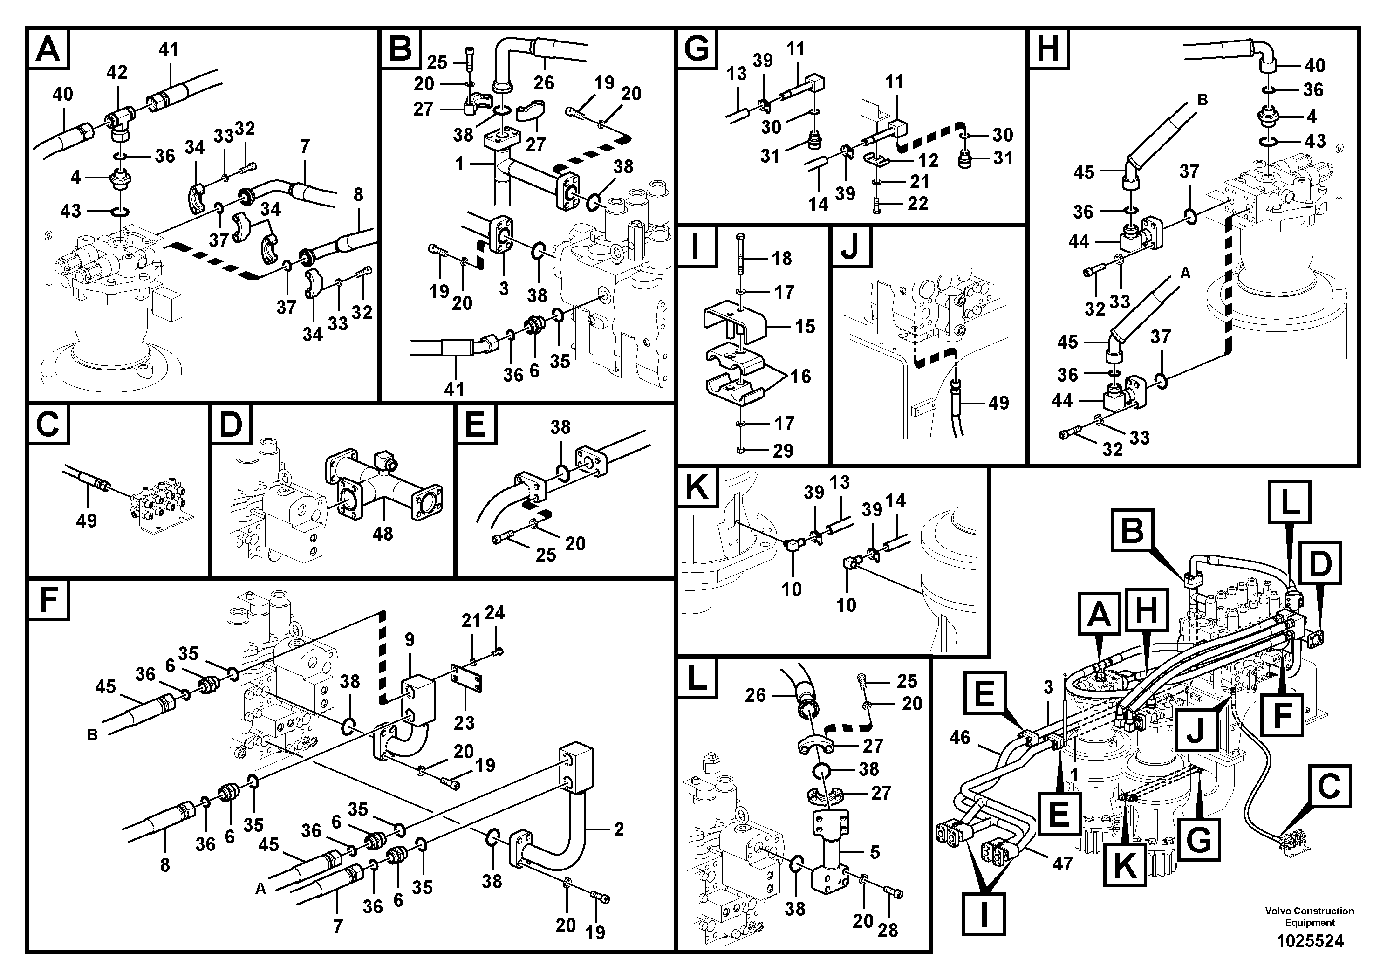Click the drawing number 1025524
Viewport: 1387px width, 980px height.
click(x=1310, y=941)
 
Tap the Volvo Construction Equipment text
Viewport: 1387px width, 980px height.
click(x=1310, y=917)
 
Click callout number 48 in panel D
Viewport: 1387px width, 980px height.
click(x=383, y=534)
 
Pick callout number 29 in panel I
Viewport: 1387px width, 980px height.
click(x=783, y=450)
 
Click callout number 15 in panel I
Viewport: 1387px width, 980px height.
click(x=805, y=326)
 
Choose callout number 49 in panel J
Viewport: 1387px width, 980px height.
click(x=998, y=403)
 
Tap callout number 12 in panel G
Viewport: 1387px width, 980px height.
click(x=929, y=160)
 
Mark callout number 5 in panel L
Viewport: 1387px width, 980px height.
click(x=875, y=852)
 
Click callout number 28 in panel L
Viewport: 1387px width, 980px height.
click(x=888, y=931)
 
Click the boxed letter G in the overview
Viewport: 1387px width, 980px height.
click(x=1198, y=839)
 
